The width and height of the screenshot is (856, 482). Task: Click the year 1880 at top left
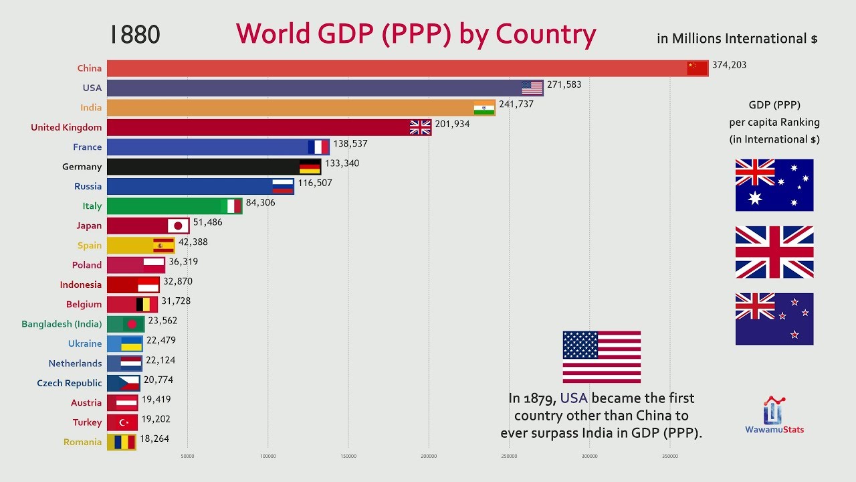click(135, 35)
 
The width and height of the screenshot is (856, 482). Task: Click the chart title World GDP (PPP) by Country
click(415, 34)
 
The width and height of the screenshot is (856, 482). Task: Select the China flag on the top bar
click(697, 68)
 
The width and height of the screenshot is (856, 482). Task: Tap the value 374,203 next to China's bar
click(729, 65)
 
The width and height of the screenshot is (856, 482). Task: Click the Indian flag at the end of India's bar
click(484, 108)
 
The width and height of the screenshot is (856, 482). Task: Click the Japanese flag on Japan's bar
click(178, 226)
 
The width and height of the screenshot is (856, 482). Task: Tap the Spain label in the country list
click(89, 245)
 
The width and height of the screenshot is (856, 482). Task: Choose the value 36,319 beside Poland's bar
click(183, 262)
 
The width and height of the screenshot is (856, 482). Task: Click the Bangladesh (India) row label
click(62, 324)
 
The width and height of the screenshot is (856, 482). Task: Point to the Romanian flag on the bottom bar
click(126, 442)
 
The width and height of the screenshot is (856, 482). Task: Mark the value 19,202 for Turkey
click(156, 419)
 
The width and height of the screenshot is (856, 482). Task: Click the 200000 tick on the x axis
click(429, 457)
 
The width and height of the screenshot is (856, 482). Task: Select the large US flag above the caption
click(601, 357)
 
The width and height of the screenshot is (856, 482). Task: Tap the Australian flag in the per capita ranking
click(774, 185)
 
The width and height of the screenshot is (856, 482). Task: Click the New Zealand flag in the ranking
click(774, 319)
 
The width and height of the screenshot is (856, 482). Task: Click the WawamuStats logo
click(774, 415)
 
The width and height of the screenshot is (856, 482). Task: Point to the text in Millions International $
click(737, 39)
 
